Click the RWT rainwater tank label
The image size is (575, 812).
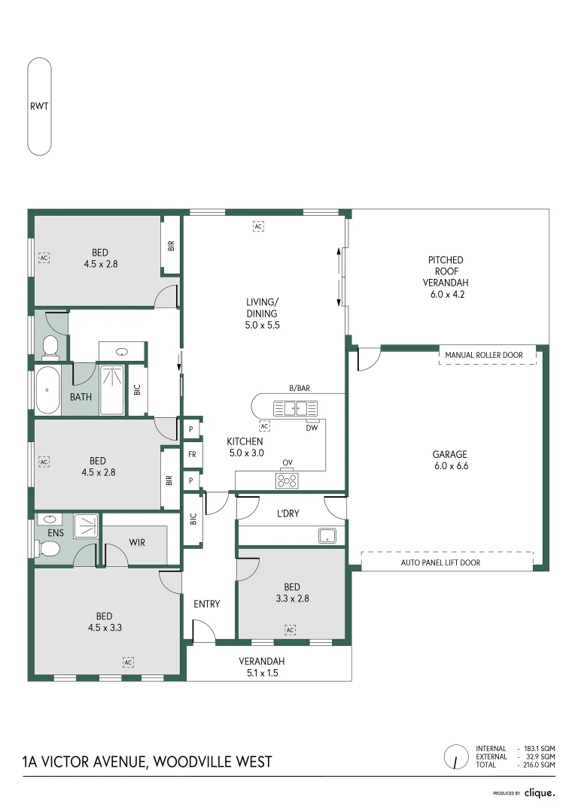[x=39, y=106]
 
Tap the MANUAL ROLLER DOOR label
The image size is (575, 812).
[x=488, y=355]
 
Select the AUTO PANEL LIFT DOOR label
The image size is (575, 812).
[x=440, y=562]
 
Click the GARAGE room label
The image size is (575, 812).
[x=449, y=454]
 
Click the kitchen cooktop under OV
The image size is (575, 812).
[x=287, y=479]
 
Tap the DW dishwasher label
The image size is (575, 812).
[x=312, y=427]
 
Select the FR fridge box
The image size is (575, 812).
[x=192, y=454]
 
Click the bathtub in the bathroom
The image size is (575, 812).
[x=47, y=390]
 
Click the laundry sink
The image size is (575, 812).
[x=327, y=535]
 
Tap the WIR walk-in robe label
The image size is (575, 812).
[x=136, y=542]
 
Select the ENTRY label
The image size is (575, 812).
[x=206, y=604]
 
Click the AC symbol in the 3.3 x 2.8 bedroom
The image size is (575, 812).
[x=290, y=629]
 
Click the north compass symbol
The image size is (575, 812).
[x=455, y=757]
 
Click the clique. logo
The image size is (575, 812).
[x=540, y=792]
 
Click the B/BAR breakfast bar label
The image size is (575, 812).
[x=299, y=389]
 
